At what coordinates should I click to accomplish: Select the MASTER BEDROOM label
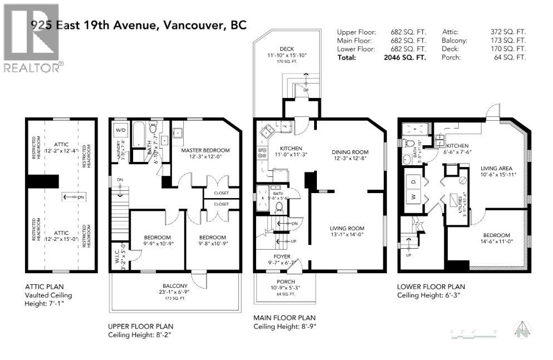(x=205, y=150)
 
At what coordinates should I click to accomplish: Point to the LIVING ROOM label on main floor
(x=347, y=228)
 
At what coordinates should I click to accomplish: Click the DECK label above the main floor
(x=287, y=49)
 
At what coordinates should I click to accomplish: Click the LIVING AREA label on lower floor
(x=496, y=168)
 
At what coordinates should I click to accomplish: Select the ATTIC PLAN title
(x=43, y=287)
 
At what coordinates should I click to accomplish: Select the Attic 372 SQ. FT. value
(x=512, y=32)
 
